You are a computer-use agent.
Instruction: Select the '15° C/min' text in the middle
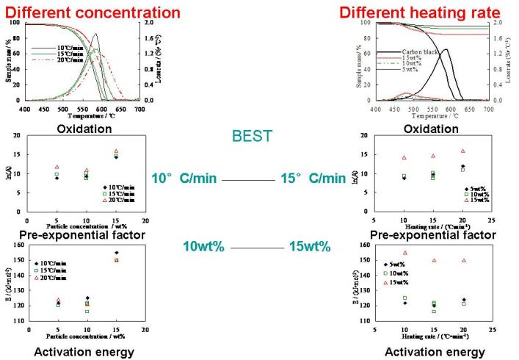pyautogui.click(x=313, y=179)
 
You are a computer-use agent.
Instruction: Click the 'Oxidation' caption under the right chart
pyautogui.click(x=426, y=129)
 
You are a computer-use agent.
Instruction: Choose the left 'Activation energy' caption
pyautogui.click(x=86, y=350)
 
